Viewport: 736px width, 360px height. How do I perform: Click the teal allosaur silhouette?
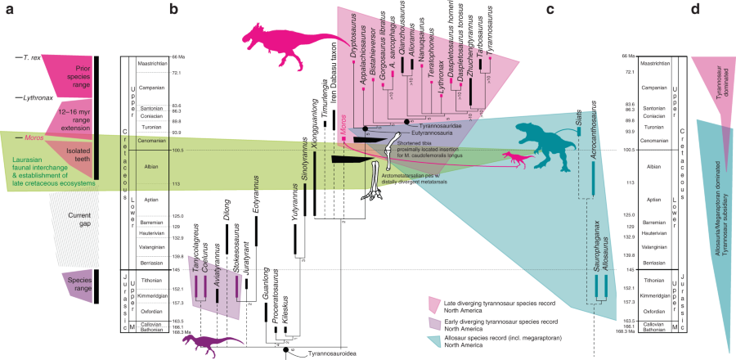pyautogui.click(x=550, y=137)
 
